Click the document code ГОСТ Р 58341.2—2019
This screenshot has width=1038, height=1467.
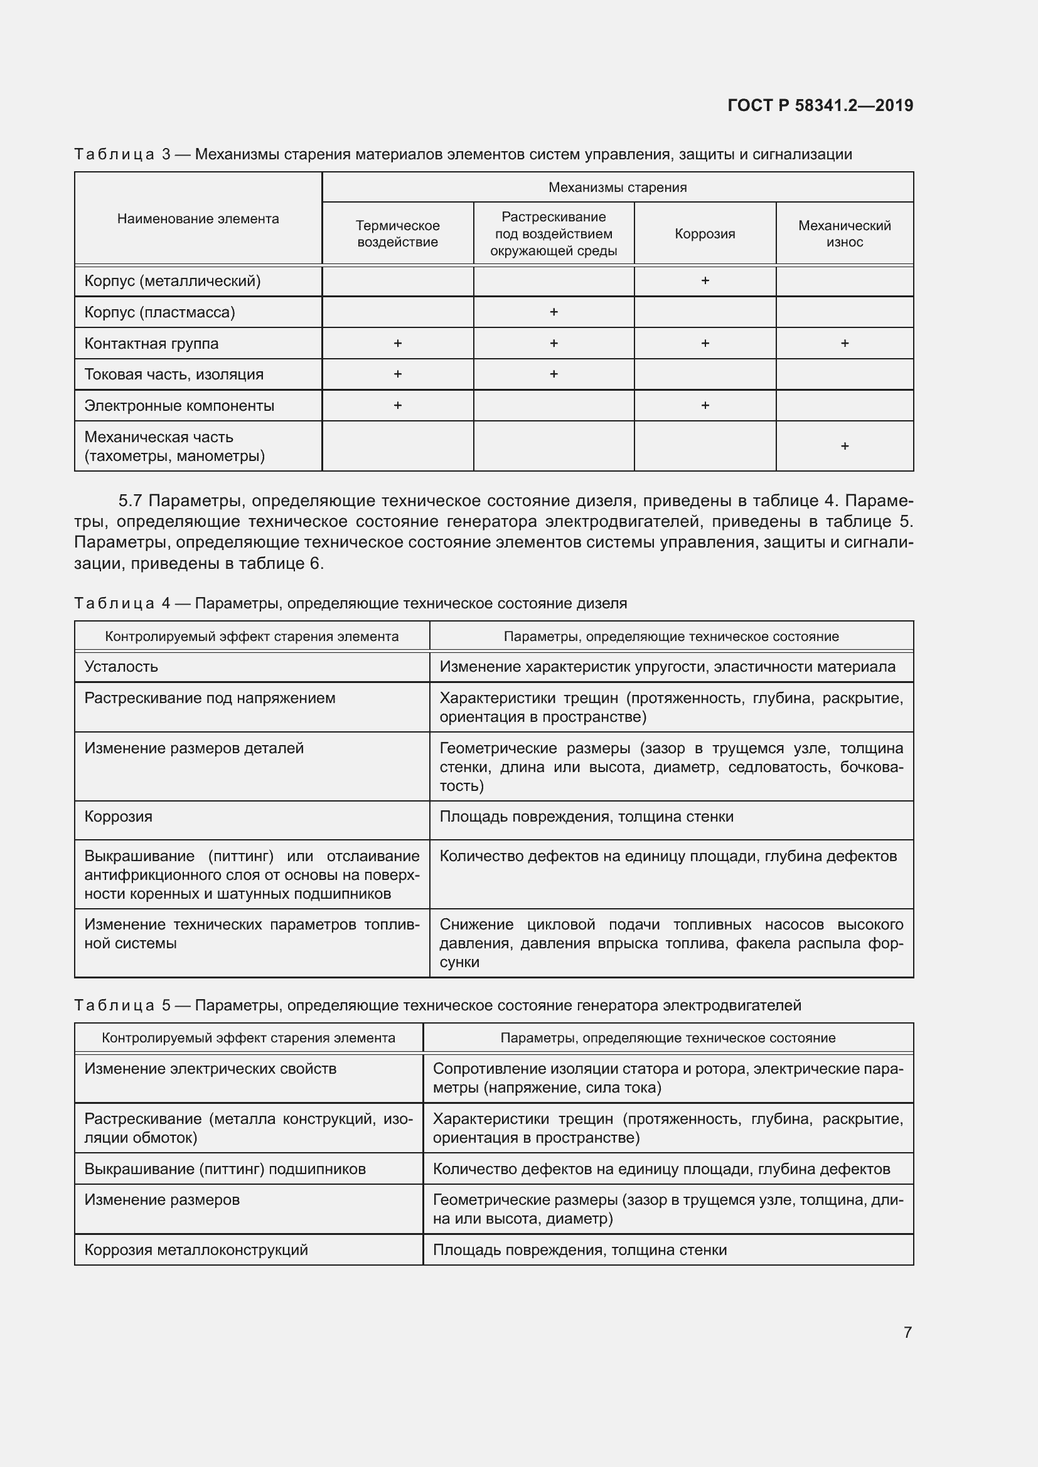(820, 105)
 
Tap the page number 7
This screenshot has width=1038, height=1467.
(907, 1332)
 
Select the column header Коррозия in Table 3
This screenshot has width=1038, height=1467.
(704, 234)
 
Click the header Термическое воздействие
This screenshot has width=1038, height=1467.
(397, 234)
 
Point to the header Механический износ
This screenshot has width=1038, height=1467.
(843, 234)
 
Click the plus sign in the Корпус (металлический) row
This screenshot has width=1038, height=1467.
(705, 280)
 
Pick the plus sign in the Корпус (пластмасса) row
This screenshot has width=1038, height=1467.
(554, 312)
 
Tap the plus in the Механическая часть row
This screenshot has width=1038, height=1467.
(844, 446)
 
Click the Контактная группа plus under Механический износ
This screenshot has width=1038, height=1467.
(844, 343)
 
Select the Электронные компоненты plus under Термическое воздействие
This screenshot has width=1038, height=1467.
(397, 405)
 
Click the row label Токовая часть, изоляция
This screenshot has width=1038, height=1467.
(174, 374)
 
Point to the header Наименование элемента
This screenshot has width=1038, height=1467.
(198, 219)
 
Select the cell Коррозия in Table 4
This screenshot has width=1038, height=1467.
(118, 817)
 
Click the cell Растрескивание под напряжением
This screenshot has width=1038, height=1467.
(210, 697)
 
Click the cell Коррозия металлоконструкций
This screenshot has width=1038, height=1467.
(196, 1250)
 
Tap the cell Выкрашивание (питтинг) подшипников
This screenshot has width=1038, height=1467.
(225, 1168)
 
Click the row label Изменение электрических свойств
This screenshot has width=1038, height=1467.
(210, 1068)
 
